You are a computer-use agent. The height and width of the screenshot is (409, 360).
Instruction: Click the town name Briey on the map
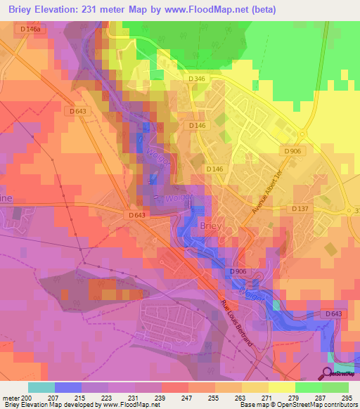click(211, 226)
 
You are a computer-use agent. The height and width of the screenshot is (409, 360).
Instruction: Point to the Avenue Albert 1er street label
click(265, 195)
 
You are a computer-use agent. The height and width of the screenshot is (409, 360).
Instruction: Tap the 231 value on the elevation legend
click(134, 397)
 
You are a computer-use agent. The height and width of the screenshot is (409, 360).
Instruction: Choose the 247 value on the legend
click(188, 397)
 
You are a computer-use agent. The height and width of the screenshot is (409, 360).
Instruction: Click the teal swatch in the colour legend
click(41, 387)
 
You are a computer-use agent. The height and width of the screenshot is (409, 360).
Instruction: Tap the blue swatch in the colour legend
click(68, 387)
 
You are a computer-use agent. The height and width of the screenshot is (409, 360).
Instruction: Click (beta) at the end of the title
click(260, 10)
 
